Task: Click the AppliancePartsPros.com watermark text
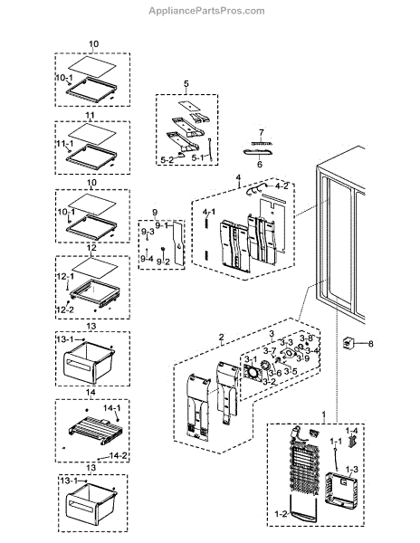(x=210, y=11)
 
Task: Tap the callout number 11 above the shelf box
(x=91, y=116)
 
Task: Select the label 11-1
(x=64, y=144)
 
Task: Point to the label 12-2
(x=65, y=310)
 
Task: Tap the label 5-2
(x=167, y=160)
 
